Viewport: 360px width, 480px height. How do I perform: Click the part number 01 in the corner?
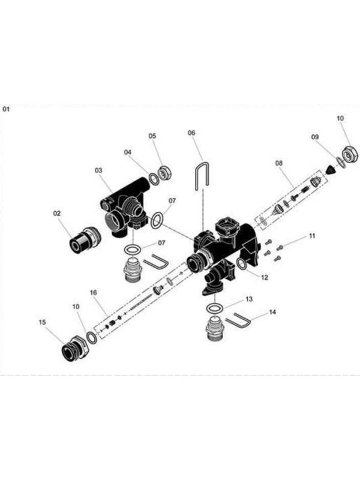pos(7,109)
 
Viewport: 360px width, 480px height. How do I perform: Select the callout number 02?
pos(58,214)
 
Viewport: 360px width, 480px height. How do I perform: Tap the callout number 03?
pos(98,170)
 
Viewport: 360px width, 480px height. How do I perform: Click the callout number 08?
pos(278,163)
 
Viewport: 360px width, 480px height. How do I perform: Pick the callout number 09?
pos(314,137)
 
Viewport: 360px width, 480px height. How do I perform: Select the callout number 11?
pos(311,237)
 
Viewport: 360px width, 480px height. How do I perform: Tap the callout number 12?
pos(264,277)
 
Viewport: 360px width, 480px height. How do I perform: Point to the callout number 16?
pos(94,292)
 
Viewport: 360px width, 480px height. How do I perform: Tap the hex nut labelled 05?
pos(166,171)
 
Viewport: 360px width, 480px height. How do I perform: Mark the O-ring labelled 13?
pos(214,308)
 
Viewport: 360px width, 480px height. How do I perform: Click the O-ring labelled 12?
pos(242,264)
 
